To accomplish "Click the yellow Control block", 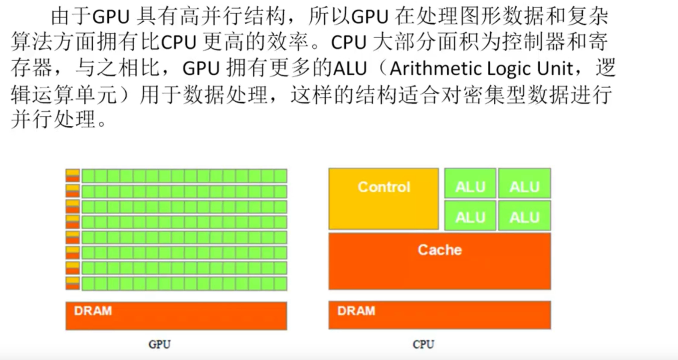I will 384,199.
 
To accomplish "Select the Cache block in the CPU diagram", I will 440,261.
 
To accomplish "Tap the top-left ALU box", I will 470,183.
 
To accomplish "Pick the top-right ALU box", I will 525,183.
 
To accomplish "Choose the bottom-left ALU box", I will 470,215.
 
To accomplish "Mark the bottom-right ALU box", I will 525,215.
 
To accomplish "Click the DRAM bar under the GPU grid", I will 176,316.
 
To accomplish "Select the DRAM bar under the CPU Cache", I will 440,315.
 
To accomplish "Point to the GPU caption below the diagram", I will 159,344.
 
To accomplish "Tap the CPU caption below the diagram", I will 423,344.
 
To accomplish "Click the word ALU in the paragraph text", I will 350,69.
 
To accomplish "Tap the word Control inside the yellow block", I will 384,187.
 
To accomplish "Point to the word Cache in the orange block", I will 440,250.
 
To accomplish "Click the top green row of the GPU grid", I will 184,176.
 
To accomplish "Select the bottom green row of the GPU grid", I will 184,284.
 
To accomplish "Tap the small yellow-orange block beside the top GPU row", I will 73,176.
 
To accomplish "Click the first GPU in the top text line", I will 111,17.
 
